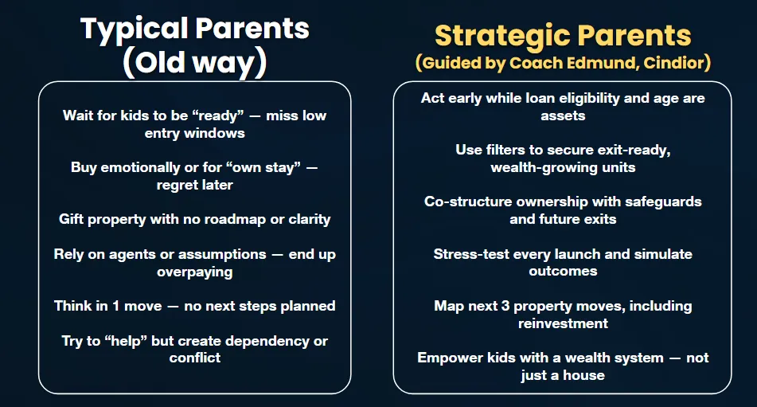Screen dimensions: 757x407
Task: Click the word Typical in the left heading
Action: pos(135,29)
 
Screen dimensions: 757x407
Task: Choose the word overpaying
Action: pos(194,272)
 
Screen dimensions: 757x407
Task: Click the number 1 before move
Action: pos(116,306)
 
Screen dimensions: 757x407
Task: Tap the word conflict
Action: pos(194,358)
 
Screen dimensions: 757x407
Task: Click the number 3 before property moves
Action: pos(505,306)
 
